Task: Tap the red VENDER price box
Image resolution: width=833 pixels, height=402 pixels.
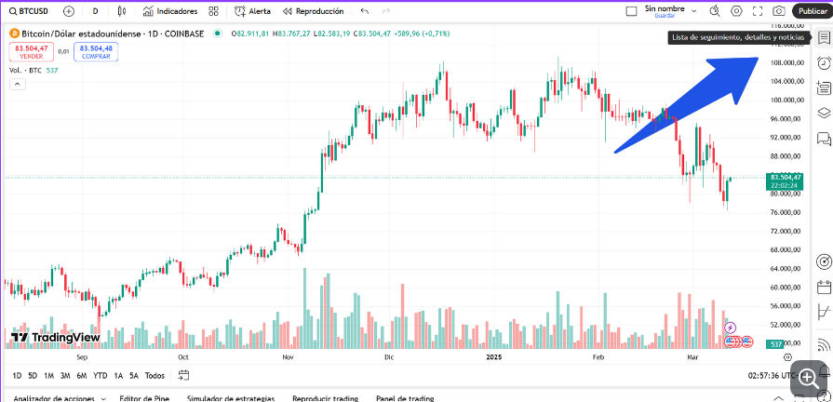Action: tap(31, 51)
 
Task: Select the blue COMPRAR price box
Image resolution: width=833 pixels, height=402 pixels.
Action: tap(96, 51)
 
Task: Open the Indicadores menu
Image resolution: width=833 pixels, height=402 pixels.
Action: tap(170, 11)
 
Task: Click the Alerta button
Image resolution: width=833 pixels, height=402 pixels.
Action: tap(253, 11)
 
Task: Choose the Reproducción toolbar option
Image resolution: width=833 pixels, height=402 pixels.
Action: tap(313, 11)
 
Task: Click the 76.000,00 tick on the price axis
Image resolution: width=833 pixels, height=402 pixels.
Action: tap(787, 213)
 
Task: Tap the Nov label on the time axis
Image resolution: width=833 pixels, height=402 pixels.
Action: tap(287, 356)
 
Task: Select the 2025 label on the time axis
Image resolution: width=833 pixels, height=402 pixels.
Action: tap(493, 356)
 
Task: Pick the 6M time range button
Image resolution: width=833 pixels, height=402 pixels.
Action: tap(82, 376)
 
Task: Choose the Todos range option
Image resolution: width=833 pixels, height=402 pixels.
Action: tap(155, 376)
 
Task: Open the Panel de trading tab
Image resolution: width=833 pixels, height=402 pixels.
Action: tap(405, 398)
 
